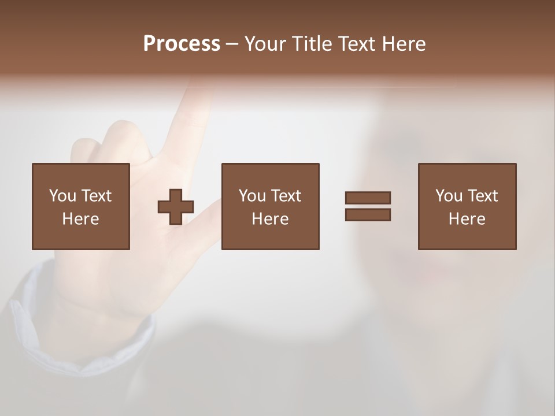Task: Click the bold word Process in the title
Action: tap(182, 44)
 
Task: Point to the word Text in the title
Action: tap(355, 44)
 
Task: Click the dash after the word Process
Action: tap(232, 44)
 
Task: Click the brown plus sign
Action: tap(176, 207)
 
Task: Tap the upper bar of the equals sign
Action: tap(368, 198)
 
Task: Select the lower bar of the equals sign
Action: tap(368, 215)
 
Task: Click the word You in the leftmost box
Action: tap(62, 196)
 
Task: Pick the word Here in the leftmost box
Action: tap(80, 219)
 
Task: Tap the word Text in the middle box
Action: tap(286, 196)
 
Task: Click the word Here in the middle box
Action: tap(270, 219)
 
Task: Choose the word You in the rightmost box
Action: tap(449, 196)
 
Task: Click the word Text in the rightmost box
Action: tap(483, 196)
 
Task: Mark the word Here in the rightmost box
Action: tap(467, 219)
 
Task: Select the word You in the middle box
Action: tap(252, 196)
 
